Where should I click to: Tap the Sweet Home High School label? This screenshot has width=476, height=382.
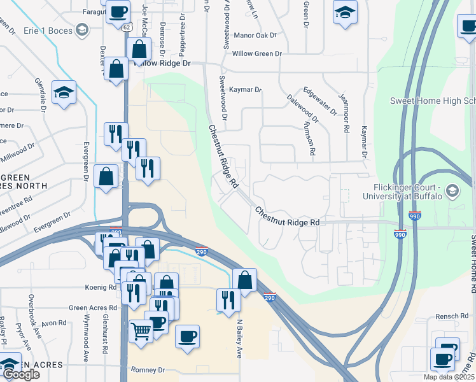coord(433,101)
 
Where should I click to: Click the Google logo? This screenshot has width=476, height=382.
coord(21,374)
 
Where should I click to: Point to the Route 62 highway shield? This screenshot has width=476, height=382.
coord(127,27)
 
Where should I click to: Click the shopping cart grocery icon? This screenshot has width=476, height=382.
coord(141,330)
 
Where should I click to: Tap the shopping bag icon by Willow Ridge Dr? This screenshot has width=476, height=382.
coord(139,49)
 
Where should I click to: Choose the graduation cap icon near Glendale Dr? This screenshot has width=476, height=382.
coord(64,93)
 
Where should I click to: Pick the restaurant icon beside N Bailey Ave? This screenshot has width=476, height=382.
coord(228,300)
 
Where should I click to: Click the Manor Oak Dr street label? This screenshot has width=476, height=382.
coord(257,36)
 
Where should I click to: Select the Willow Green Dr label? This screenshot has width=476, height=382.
coord(256,54)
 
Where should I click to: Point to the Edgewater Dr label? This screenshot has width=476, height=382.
coord(320,101)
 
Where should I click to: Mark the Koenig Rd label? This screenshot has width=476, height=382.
coord(102,288)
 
